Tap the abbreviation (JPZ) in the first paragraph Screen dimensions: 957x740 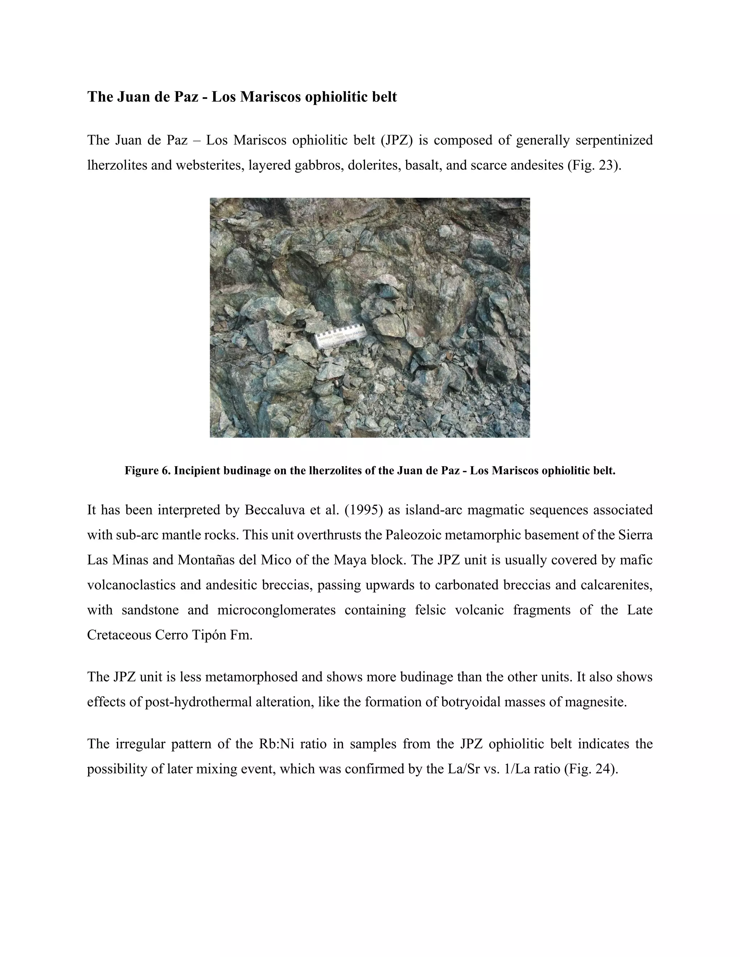pyautogui.click(x=397, y=140)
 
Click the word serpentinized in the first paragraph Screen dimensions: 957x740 pyautogui.click(x=614, y=140)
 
